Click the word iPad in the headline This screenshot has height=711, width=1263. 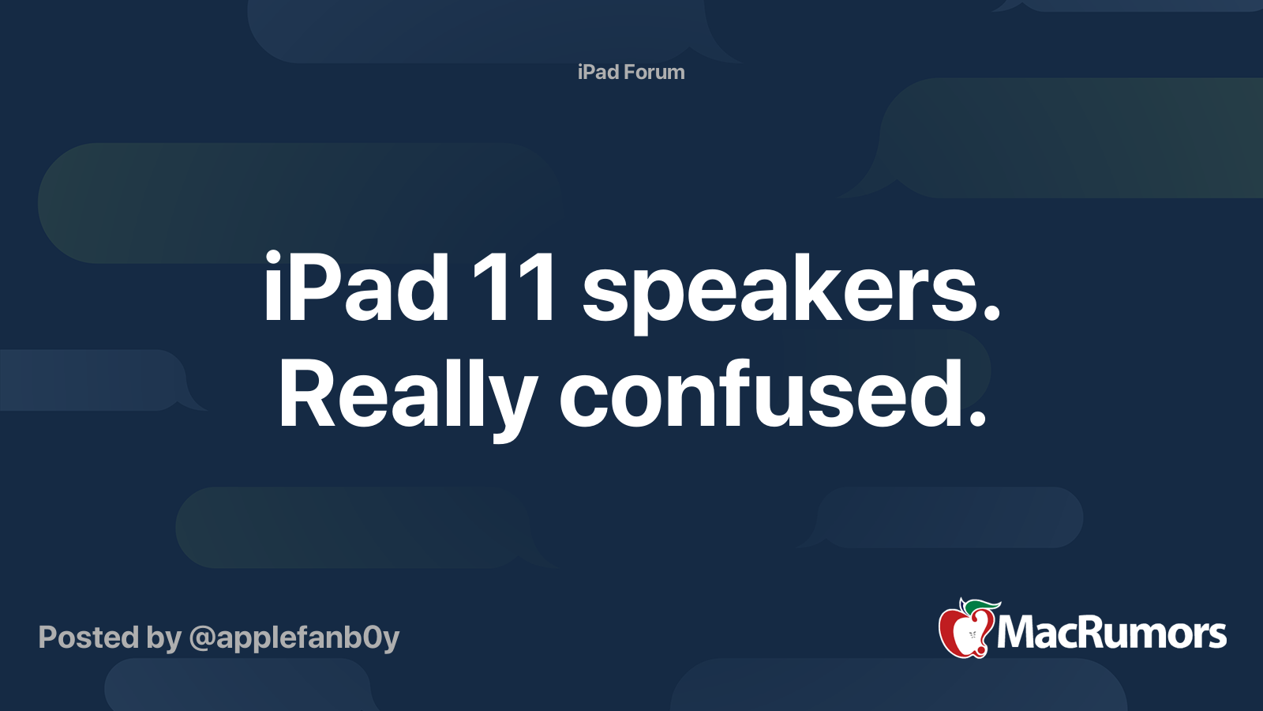coord(356,288)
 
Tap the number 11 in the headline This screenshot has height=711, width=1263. coord(514,288)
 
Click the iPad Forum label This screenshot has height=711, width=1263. coord(631,72)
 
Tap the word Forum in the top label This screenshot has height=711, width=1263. coord(654,72)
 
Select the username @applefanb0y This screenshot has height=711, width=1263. coord(294,638)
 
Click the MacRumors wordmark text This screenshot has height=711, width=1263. coord(1111,633)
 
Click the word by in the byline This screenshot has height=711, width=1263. coord(164,638)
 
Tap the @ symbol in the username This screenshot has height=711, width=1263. coord(202,638)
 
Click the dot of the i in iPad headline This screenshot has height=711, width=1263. coord(272,257)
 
